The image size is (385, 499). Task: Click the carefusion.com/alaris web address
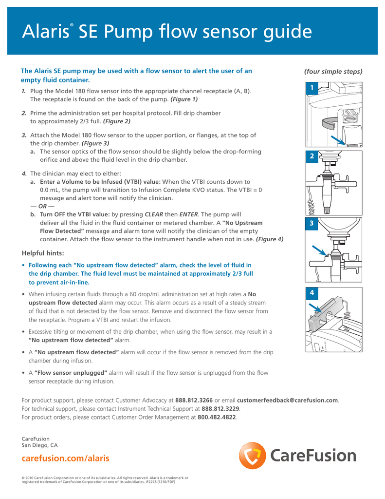click(x=66, y=459)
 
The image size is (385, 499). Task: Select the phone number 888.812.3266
click(x=194, y=400)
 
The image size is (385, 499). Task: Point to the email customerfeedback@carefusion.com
click(x=287, y=400)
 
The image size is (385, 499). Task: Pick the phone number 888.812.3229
click(x=220, y=409)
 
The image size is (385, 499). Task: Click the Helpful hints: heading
click(x=43, y=253)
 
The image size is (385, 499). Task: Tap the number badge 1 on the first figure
click(x=312, y=88)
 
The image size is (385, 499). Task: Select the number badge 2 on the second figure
click(x=312, y=156)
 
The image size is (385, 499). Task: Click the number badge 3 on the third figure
click(x=312, y=223)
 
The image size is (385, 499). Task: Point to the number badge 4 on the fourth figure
click(x=312, y=293)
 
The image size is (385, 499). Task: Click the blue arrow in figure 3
click(x=319, y=251)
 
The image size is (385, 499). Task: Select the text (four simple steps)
click(x=333, y=71)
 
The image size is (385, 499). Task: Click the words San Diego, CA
click(x=40, y=445)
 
